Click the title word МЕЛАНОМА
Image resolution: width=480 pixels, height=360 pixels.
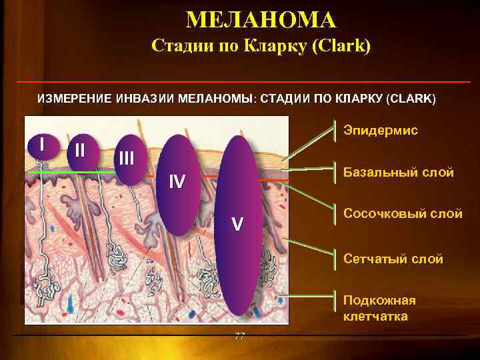pos(261,20)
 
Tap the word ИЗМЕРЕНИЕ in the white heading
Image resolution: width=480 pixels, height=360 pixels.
pos(73,99)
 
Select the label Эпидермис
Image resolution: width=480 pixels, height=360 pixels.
pos(381,130)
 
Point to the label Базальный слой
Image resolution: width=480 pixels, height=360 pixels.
pos(398,173)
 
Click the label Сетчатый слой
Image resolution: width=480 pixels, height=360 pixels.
pos(393,259)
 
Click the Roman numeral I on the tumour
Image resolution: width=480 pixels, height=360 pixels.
pos(42,143)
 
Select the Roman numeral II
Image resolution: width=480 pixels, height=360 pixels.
pos(79,150)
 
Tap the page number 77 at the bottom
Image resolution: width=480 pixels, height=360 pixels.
pos(240,335)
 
